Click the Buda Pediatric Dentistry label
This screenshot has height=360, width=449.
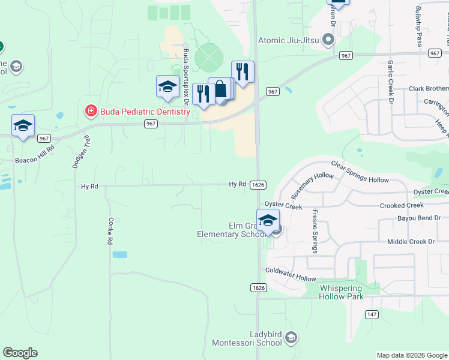click(144, 112)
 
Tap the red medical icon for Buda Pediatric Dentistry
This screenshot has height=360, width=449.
click(90, 112)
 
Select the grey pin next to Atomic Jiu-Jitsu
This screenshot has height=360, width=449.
click(328, 41)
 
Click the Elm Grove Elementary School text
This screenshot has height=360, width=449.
click(231, 230)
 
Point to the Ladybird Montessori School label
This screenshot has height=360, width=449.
click(247, 338)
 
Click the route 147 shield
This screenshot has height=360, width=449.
click(372, 314)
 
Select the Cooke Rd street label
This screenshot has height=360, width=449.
click(110, 231)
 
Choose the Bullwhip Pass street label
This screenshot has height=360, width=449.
click(419, 27)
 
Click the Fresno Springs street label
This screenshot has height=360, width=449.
click(314, 231)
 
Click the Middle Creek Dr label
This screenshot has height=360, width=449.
click(411, 242)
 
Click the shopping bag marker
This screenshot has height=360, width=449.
click(221, 90)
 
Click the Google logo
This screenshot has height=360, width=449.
click(20, 353)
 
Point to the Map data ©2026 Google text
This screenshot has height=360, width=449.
click(411, 355)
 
